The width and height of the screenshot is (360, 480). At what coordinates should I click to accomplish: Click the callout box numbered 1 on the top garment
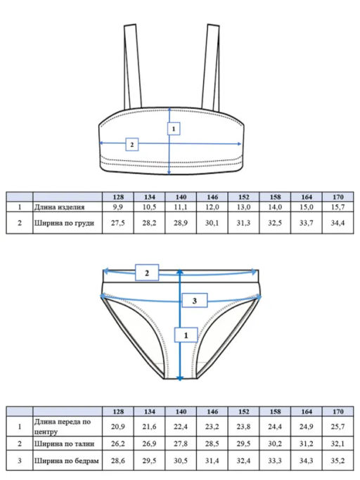click(x=174, y=129)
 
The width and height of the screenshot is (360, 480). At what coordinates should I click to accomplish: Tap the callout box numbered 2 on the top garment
click(x=132, y=145)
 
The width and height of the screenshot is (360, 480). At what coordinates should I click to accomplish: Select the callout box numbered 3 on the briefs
click(x=195, y=301)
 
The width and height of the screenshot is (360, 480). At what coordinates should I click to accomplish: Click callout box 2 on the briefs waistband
click(x=147, y=273)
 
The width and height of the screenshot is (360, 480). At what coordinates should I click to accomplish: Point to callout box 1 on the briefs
click(x=186, y=335)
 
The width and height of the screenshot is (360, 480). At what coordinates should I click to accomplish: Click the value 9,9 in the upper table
click(x=118, y=207)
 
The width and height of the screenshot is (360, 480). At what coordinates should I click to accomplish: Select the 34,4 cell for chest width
click(x=337, y=223)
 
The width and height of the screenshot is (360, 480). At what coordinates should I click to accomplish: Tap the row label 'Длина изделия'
click(x=59, y=207)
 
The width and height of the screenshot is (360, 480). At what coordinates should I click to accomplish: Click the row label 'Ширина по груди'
click(x=64, y=223)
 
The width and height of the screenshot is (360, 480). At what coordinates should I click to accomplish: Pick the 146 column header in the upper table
click(x=212, y=197)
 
